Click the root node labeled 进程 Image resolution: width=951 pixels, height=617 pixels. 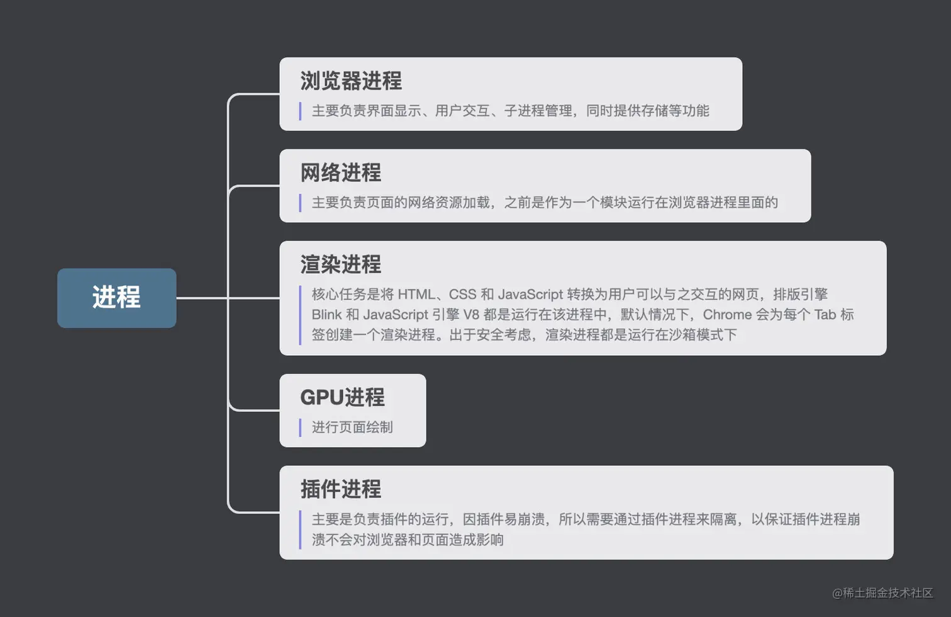116,298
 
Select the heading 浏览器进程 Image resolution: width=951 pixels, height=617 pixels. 351,81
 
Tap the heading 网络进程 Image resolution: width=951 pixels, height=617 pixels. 341,173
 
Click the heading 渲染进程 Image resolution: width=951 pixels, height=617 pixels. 341,264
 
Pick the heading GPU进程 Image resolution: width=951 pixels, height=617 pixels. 343,397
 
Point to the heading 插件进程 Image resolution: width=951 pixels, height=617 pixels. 341,489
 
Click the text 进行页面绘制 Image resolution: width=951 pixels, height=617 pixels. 352,427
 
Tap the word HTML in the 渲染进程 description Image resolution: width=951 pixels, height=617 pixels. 416,295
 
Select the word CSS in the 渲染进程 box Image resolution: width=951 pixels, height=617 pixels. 463,295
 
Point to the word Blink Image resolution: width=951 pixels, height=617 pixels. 326,315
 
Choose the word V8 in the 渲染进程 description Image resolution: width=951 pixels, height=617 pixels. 471,315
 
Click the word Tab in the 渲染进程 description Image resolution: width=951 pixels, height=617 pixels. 825,315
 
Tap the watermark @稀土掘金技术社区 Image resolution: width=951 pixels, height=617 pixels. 882,593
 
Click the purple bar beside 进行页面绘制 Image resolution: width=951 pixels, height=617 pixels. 300,427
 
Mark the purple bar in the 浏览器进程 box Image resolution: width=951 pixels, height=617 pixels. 300,111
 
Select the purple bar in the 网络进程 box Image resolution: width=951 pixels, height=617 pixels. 300,203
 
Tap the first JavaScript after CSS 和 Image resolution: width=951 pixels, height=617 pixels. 530,295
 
